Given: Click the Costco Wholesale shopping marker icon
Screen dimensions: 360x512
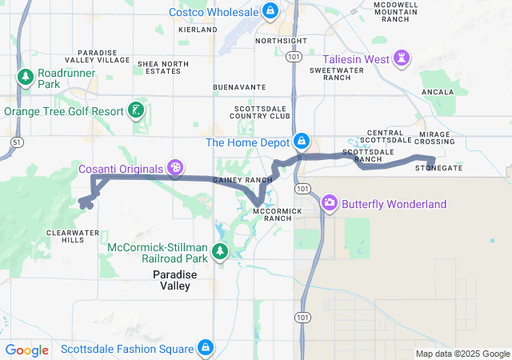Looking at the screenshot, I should click(270, 11).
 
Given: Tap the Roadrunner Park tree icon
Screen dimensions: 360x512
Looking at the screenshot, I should click(25, 77).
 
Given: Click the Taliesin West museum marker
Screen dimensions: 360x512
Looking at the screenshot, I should click(402, 58).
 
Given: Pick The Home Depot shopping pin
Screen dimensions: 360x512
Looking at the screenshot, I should click(301, 142).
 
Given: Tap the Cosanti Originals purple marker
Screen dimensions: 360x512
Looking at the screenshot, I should click(174, 168).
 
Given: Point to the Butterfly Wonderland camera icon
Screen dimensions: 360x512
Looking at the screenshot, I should click(329, 203).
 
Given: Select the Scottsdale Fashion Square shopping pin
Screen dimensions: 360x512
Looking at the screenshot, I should click(206, 348).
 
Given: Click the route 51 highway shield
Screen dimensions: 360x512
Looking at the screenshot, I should click(16, 142).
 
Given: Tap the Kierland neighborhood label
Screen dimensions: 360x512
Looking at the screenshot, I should click(198, 30).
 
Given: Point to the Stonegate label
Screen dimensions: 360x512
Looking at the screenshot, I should click(438, 169).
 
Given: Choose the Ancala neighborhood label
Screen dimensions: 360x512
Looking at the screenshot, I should click(437, 92).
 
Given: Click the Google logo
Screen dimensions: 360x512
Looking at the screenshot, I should click(26, 350).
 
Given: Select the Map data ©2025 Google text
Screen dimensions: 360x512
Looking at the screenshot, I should click(462, 354).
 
